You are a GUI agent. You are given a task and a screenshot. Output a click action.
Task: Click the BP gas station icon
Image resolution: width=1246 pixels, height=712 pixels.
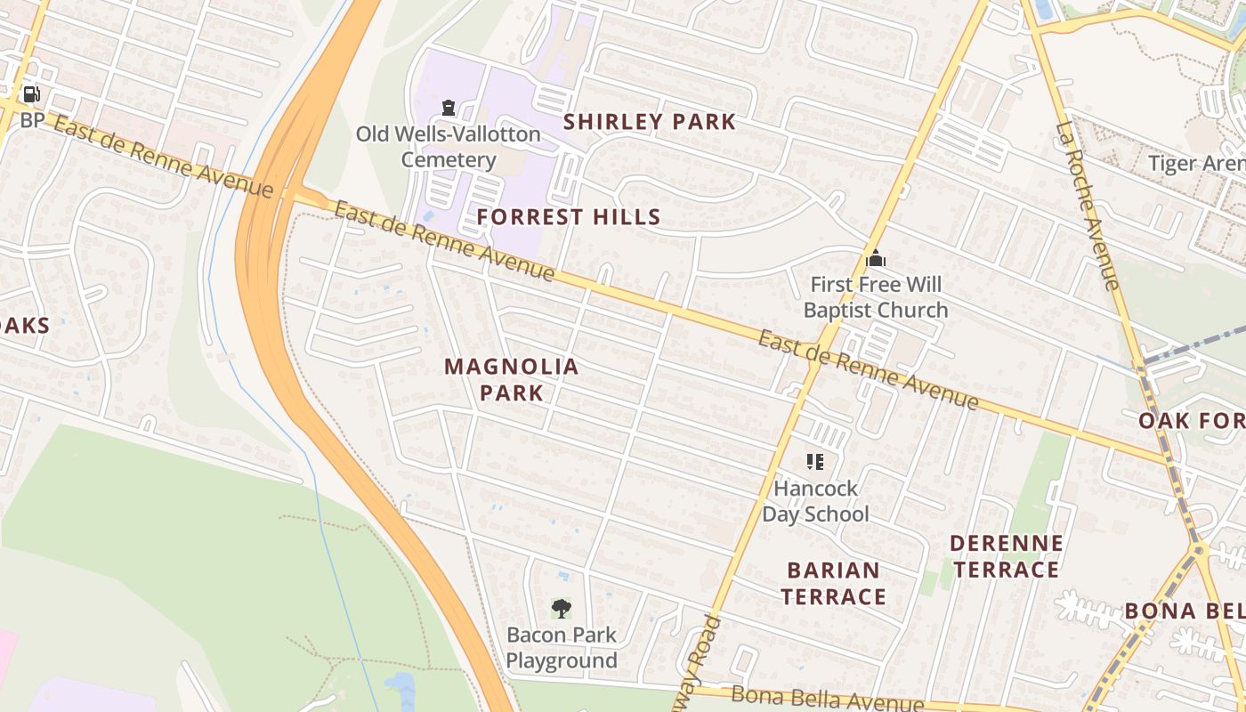(x=31, y=94)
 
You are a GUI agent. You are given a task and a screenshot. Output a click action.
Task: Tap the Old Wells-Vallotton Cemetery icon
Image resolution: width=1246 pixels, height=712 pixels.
(x=449, y=108)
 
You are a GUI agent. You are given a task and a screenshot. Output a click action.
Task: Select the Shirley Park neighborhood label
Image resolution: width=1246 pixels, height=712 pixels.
(x=650, y=122)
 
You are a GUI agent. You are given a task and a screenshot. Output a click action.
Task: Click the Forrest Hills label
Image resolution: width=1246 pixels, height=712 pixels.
(x=568, y=216)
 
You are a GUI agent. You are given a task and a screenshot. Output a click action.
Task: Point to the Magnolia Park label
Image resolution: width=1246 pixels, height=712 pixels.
(x=511, y=379)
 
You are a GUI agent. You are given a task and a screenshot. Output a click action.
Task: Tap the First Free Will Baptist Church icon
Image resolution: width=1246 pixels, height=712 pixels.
(x=876, y=259)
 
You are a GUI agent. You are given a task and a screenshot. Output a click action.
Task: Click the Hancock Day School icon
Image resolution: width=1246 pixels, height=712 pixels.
(x=815, y=461)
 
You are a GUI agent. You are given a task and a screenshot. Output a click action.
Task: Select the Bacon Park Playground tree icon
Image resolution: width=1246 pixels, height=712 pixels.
(x=561, y=609)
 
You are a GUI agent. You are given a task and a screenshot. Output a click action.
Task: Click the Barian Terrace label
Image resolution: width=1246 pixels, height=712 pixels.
(x=834, y=583)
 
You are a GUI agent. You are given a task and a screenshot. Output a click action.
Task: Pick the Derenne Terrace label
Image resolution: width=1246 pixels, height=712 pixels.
(x=1006, y=556)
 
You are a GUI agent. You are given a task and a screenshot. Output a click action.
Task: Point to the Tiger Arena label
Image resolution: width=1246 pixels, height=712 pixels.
(x=1196, y=164)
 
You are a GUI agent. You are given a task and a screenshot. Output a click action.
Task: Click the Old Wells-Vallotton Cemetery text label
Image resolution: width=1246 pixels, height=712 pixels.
(x=448, y=147)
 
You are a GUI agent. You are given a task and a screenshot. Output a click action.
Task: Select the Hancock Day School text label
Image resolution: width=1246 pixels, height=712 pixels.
(x=815, y=501)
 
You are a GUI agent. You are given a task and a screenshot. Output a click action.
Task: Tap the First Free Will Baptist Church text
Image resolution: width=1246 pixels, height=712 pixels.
(x=875, y=297)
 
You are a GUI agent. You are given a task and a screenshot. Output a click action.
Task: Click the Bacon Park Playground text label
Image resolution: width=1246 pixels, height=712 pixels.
(x=561, y=648)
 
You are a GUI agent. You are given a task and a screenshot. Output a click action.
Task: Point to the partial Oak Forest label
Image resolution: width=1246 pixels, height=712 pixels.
(x=1193, y=420)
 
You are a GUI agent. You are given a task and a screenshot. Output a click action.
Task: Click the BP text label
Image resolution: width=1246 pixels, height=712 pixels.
(x=31, y=120)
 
